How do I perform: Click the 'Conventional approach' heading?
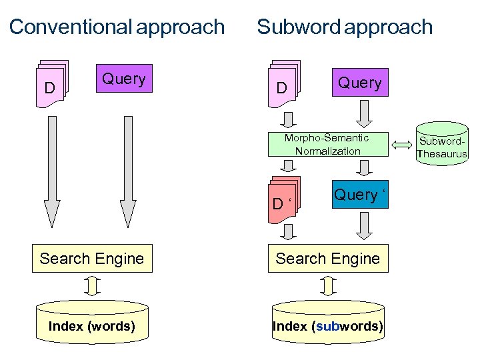[x=117, y=27]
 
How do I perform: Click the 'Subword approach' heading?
[x=345, y=27]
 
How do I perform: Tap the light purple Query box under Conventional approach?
[x=124, y=79]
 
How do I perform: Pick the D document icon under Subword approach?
[x=284, y=85]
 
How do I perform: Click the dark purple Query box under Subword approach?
[x=359, y=83]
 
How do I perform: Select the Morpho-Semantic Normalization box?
[x=327, y=145]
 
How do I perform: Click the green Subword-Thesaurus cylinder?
[x=441, y=143]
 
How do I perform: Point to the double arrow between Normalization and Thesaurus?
[x=403, y=144]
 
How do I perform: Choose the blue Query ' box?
[x=359, y=195]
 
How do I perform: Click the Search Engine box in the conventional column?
[x=92, y=259]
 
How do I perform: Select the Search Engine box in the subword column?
[x=327, y=259]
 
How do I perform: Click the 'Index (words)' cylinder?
[x=92, y=323]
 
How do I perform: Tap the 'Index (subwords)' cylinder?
[x=327, y=323]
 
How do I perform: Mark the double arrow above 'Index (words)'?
[x=93, y=286]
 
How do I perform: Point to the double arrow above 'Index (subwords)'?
[x=327, y=286]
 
